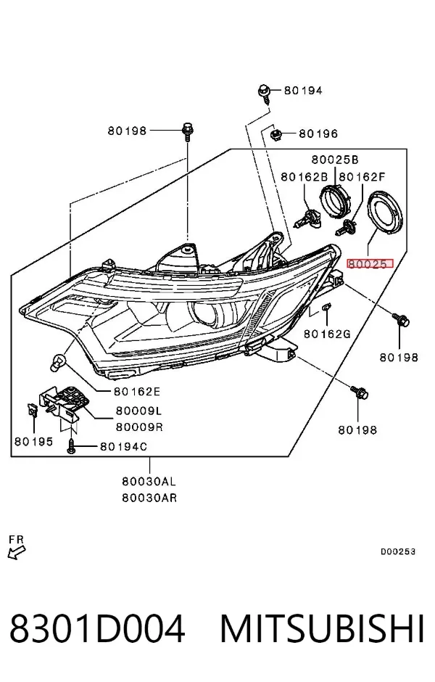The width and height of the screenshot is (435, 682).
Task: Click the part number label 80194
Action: point(303,91)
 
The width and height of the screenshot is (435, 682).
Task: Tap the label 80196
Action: point(318,133)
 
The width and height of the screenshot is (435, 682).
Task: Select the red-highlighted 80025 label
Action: point(369,263)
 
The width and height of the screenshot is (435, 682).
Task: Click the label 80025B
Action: point(335,160)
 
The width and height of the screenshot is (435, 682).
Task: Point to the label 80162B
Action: point(304,176)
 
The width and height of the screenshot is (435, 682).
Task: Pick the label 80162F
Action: point(362,176)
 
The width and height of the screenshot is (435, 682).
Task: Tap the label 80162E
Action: point(137,392)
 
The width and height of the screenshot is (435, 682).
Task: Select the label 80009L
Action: point(139,410)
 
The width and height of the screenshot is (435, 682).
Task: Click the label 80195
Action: point(33,441)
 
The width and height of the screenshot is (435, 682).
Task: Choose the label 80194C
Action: point(123,446)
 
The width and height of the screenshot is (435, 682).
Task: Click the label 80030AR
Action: point(149,498)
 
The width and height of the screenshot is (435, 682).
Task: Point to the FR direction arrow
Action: point(17,553)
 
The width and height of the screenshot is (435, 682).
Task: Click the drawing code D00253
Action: point(398,551)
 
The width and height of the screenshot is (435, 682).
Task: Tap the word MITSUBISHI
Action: point(322,629)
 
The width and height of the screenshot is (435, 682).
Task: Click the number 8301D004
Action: point(97,629)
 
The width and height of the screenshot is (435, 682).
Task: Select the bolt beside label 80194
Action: point(265,94)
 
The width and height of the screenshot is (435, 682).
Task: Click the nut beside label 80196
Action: point(275,134)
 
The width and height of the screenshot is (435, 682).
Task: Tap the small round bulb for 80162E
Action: point(59,361)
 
